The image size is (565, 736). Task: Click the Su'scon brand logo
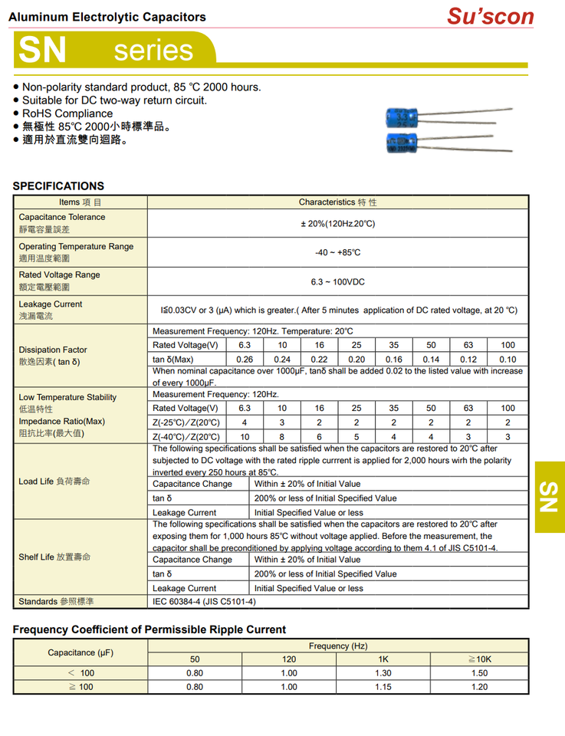(490, 16)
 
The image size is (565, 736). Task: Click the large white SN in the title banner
(42, 50)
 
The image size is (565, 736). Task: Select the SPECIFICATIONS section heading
(58, 186)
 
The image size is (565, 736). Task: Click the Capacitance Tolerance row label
(62, 217)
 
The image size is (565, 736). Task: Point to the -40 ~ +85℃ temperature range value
(337, 252)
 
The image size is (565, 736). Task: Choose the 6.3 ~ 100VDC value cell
(337, 282)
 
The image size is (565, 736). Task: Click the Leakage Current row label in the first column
(51, 304)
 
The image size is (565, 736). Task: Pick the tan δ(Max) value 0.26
(245, 359)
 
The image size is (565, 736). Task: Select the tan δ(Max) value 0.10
(508, 359)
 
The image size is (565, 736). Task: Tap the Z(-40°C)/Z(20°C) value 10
(245, 436)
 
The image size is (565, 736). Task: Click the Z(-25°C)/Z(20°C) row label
(186, 422)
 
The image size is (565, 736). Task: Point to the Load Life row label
(54, 481)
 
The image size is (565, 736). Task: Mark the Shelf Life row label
(54, 557)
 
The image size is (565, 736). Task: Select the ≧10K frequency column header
(479, 659)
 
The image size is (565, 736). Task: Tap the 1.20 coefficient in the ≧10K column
(479, 687)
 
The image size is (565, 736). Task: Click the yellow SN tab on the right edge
(549, 497)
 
